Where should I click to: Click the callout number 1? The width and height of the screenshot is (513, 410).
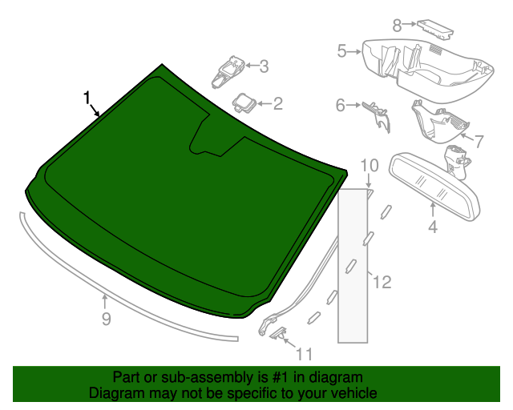tap(87, 98)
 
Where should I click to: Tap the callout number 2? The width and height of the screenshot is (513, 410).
tap(277, 103)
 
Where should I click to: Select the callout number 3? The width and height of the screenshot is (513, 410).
tap(263, 66)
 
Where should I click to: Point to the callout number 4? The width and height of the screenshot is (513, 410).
tap(433, 227)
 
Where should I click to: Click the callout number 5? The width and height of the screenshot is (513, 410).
tap(341, 52)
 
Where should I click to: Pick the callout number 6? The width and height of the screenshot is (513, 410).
tap(340, 105)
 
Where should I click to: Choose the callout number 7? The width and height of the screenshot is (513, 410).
tap(479, 142)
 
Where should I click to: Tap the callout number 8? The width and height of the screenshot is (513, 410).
tap(398, 26)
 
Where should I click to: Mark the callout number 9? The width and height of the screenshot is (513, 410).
tap(106, 320)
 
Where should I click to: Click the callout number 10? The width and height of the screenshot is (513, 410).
tap(369, 166)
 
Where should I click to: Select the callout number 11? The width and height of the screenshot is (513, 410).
tap(304, 352)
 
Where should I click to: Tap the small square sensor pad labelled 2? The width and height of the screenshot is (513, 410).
tap(243, 102)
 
